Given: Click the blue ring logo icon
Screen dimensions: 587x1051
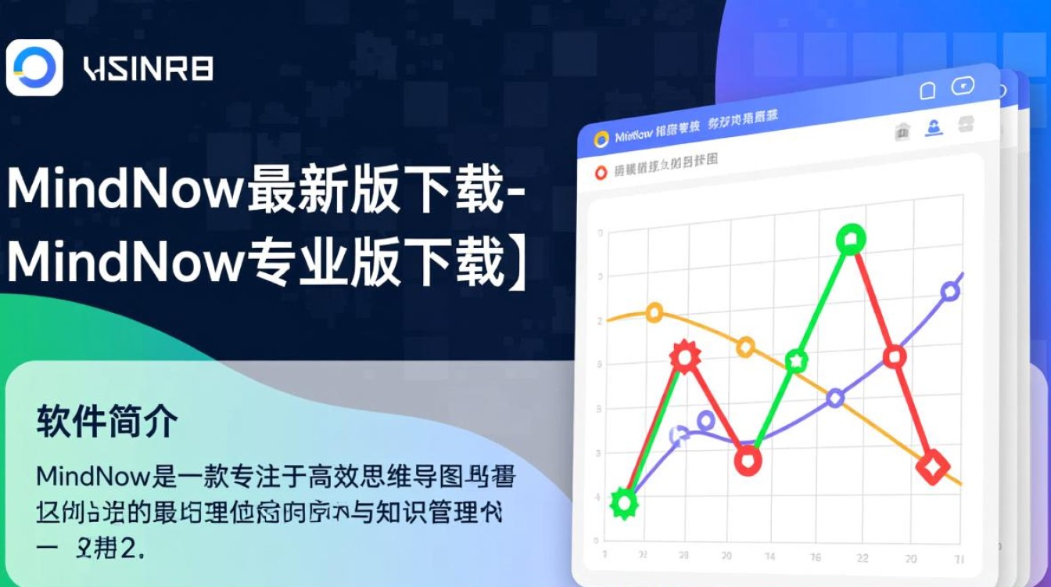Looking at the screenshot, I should click(34, 67).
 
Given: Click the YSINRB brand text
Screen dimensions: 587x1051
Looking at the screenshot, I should click(148, 69).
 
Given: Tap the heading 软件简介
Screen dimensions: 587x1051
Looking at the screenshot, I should click(107, 423).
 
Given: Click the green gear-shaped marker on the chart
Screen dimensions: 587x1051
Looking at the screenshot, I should click(624, 502).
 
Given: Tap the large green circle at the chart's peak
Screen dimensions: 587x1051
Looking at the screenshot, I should click(851, 239).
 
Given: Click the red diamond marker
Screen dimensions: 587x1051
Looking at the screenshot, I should click(932, 467).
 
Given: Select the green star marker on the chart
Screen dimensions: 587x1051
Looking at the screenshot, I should click(796, 361).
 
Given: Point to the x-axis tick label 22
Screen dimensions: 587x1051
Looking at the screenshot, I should click(863, 558).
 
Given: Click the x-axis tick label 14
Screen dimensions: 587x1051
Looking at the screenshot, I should click(770, 556).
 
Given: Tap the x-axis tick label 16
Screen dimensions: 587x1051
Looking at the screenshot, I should click(816, 557).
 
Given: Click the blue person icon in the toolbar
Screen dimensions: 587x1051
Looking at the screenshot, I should click(934, 128).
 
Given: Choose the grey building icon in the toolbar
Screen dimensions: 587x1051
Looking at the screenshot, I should click(902, 132).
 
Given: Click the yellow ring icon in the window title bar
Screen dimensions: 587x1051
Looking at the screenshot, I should click(601, 139).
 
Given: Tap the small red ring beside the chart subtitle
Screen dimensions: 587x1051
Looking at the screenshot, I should click(601, 173).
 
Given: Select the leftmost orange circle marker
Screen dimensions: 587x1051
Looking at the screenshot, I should click(655, 313).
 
